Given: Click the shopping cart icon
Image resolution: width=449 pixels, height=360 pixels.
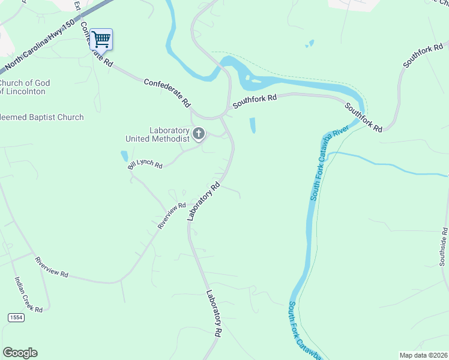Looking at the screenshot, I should [x=101, y=40].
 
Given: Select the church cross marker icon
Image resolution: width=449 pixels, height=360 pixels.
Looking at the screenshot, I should [x=199, y=133].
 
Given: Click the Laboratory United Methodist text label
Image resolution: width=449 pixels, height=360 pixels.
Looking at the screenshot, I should [x=157, y=134].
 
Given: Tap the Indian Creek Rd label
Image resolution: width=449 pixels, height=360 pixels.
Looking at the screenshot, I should [x=28, y=294].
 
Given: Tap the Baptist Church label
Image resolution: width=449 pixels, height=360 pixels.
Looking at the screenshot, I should [x=42, y=118].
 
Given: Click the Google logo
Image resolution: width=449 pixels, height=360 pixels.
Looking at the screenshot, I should [x=20, y=353].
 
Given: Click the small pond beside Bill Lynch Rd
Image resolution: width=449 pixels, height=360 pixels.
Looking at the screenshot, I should [x=124, y=156].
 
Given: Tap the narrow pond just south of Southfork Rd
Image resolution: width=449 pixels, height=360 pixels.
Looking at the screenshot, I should [x=252, y=125].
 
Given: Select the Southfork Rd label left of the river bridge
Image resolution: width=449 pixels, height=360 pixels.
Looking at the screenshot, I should [x=255, y=100].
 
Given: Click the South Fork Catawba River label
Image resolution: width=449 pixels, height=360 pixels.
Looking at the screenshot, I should [x=329, y=162].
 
